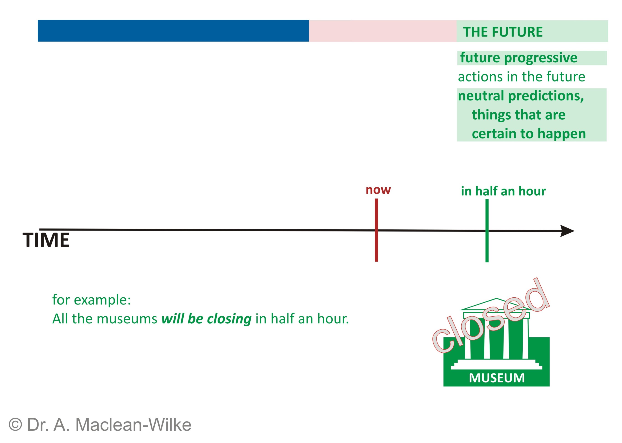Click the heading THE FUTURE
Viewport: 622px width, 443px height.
502,32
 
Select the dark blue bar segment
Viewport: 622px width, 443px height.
173,31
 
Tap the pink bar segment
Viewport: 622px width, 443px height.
383,31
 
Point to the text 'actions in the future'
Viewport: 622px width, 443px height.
521,77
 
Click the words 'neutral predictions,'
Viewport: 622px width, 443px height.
521,96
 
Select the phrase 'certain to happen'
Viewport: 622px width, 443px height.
529,134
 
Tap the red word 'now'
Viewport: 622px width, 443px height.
378,190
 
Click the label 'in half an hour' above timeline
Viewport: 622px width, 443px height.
503,191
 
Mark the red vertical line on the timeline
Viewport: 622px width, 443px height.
376,230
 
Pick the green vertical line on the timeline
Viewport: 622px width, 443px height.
487,231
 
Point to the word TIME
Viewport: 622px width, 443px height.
46,240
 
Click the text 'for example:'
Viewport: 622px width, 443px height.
92,300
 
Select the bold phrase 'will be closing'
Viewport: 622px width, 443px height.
206,319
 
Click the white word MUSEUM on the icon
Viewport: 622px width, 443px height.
497,378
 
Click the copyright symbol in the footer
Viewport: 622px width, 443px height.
15,425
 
